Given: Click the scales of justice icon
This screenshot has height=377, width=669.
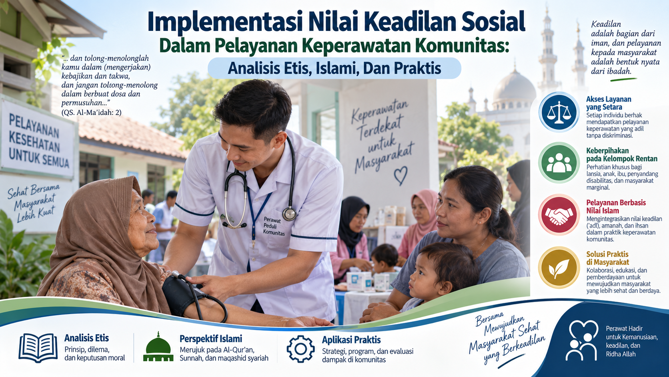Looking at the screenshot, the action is pos(559,113).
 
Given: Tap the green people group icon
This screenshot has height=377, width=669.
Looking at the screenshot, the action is pos(559,163).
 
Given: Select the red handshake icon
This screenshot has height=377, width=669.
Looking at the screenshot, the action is pos(559,214).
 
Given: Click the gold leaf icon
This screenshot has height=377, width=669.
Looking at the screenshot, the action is pos(559,267).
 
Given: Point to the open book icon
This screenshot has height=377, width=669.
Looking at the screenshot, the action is pos(38,348).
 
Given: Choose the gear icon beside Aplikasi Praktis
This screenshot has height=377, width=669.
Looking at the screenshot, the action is pos(300,349).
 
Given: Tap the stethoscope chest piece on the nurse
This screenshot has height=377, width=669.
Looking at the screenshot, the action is pos(289,214).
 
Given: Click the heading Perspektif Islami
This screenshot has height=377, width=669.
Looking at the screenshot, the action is pos(210,339).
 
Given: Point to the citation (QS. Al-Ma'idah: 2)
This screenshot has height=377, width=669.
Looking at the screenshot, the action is pos(91,113).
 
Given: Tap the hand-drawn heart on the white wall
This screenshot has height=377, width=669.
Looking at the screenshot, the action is pos(401,175).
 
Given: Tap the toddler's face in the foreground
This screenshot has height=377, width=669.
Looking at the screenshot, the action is pos(425,275).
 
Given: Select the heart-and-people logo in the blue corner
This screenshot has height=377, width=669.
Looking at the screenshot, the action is pos(582,340).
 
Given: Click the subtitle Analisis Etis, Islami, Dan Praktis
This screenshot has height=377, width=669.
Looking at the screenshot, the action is pos(334,68).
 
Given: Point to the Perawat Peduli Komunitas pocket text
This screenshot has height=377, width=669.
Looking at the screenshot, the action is pos(274,226).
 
